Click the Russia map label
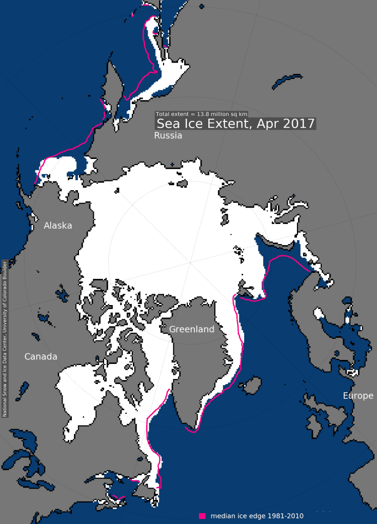tap(168, 136)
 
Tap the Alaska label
tap(58, 226)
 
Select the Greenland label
tap(192, 329)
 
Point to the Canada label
tap(41, 356)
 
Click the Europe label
tap(359, 396)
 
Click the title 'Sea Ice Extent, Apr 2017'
tap(235, 124)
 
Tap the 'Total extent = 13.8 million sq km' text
tap(202, 114)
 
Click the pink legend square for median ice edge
tap(203, 515)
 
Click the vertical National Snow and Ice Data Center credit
tap(5, 338)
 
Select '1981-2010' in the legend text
tap(286, 515)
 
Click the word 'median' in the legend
tap(223, 515)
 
